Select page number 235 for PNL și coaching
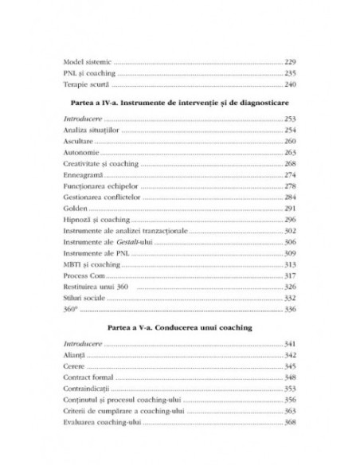290,72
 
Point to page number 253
290,118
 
